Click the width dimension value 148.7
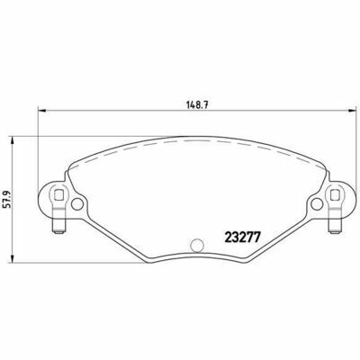coord(197,104)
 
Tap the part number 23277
coord(242,238)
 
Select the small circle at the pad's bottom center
coord(197,245)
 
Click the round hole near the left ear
coord(77,204)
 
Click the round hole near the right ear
coord(317,204)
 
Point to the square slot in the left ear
coord(58,195)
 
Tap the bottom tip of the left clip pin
coord(58,233)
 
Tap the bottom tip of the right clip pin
coord(335,233)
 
